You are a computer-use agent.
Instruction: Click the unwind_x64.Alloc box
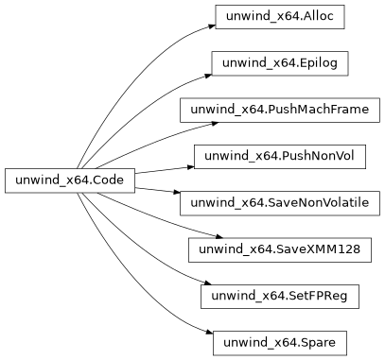(x=279, y=17)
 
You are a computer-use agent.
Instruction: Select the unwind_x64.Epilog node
(x=279, y=63)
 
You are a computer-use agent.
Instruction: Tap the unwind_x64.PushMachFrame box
(x=279, y=110)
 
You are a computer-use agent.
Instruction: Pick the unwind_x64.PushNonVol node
(x=279, y=156)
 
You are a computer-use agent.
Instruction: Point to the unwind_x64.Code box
(x=70, y=180)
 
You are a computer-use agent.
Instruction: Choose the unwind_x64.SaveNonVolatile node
(x=279, y=202)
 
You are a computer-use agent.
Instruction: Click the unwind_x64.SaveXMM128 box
(x=279, y=249)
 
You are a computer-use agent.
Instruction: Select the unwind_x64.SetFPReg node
(x=279, y=295)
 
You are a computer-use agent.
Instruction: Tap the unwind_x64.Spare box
(x=279, y=341)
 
